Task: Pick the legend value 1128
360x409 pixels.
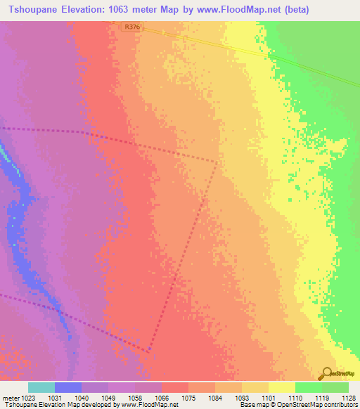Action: coord(347,398)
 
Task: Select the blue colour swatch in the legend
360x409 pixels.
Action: coord(67,387)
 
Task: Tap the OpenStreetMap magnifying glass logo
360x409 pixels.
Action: coord(326,372)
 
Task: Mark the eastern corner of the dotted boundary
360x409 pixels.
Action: coord(217,163)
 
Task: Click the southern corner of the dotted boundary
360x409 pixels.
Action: coord(149,351)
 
